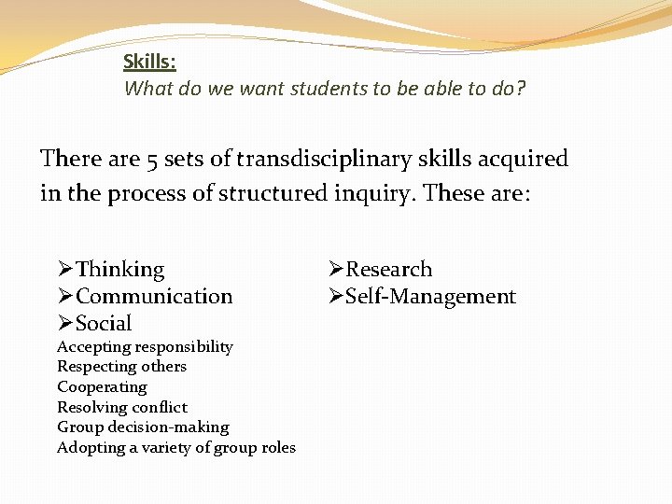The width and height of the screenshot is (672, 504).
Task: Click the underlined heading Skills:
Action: (x=149, y=63)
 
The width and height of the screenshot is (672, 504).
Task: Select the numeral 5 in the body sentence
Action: (x=150, y=160)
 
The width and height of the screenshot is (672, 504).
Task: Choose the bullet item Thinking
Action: (x=119, y=270)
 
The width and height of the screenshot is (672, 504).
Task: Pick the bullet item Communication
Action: (x=154, y=297)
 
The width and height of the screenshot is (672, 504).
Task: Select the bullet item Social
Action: (x=104, y=324)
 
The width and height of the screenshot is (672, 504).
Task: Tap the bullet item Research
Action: (x=388, y=270)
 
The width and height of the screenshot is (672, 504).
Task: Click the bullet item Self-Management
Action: (x=430, y=297)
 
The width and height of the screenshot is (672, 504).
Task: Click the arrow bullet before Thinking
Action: (x=65, y=270)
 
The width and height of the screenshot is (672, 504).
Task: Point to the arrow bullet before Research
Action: (x=336, y=270)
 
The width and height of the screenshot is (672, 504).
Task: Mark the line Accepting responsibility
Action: (x=145, y=347)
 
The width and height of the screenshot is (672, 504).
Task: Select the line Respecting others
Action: (x=121, y=367)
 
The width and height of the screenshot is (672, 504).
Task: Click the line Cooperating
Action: (x=102, y=386)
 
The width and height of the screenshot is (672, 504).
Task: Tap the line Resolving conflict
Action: (x=122, y=407)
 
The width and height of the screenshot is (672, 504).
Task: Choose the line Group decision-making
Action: (x=143, y=427)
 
